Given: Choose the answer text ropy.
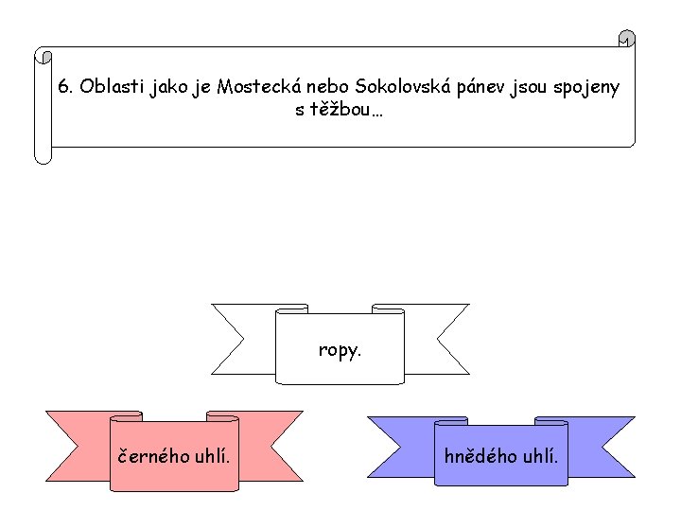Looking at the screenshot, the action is click(340, 350).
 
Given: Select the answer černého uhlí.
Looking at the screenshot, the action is click(173, 456).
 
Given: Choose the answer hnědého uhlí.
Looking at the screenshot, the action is click(501, 456).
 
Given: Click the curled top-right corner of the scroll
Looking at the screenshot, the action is click(625, 41).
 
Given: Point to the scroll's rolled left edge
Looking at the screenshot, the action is click(43, 104).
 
